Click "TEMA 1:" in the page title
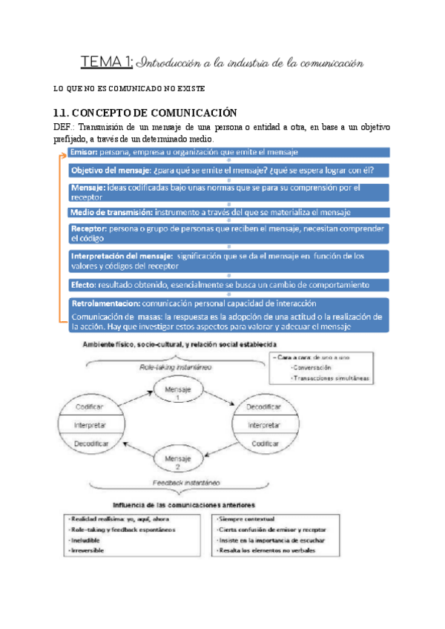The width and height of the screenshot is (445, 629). click(x=106, y=63)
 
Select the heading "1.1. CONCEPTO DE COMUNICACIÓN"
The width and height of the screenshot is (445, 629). click(x=145, y=113)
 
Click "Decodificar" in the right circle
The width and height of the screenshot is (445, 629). click(x=264, y=408)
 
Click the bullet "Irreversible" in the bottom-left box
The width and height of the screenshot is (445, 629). click(x=88, y=551)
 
